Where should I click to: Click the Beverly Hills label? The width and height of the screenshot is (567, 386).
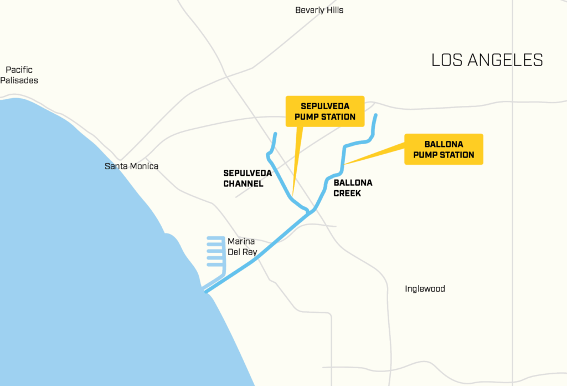tap(319, 10)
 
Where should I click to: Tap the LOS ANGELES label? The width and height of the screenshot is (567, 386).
tap(487, 60)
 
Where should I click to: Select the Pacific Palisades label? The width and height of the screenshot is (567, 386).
tap(19, 75)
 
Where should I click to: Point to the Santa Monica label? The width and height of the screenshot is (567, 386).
tap(131, 166)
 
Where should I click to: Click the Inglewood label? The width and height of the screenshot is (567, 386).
tap(425, 289)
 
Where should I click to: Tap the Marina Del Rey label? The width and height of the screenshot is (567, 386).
tap(242, 246)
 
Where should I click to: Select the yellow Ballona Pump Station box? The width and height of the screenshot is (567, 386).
tap(444, 149)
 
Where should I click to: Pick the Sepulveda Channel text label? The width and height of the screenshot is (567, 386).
tap(247, 178)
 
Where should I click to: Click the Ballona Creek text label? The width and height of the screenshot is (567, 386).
tap(353, 188)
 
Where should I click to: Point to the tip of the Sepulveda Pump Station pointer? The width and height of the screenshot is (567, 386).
tap(292, 196)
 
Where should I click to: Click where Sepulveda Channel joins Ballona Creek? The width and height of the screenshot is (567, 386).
tap(309, 212)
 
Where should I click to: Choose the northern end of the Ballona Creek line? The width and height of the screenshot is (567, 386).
tap(376, 115)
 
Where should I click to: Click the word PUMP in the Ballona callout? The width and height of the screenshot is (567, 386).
tap(426, 155)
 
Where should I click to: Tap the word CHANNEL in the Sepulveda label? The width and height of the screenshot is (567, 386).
tap(243, 184)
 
